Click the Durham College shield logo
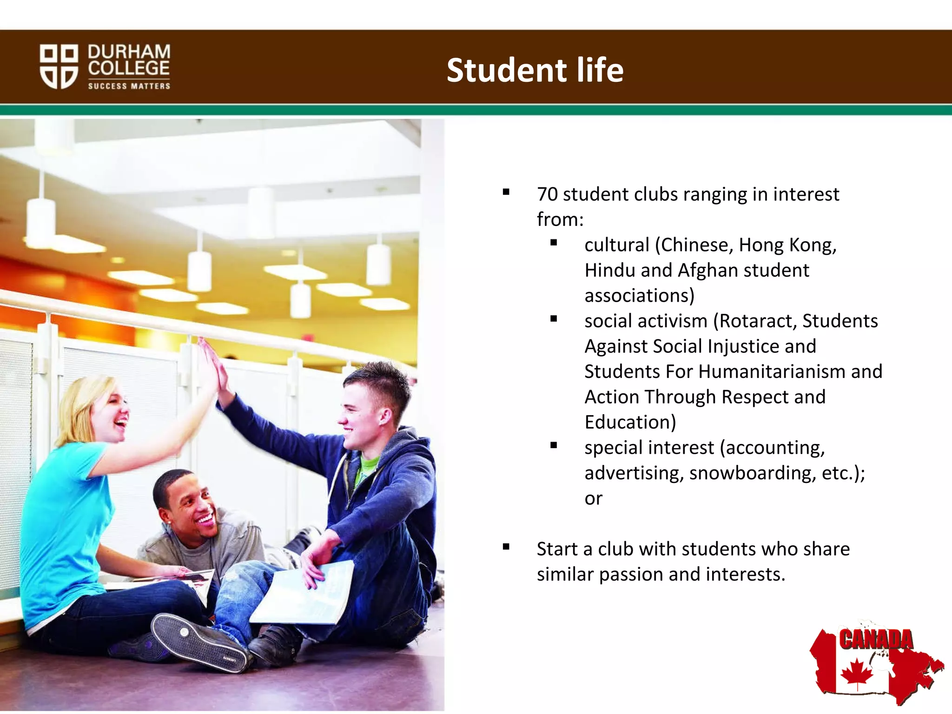point(59,66)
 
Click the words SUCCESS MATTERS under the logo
point(129,86)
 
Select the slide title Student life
point(535,71)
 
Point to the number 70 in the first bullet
point(547,194)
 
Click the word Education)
point(630,423)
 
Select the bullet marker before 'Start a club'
point(506,547)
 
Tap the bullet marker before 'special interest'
point(554,446)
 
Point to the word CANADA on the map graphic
point(876,640)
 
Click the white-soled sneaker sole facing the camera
point(200,644)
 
